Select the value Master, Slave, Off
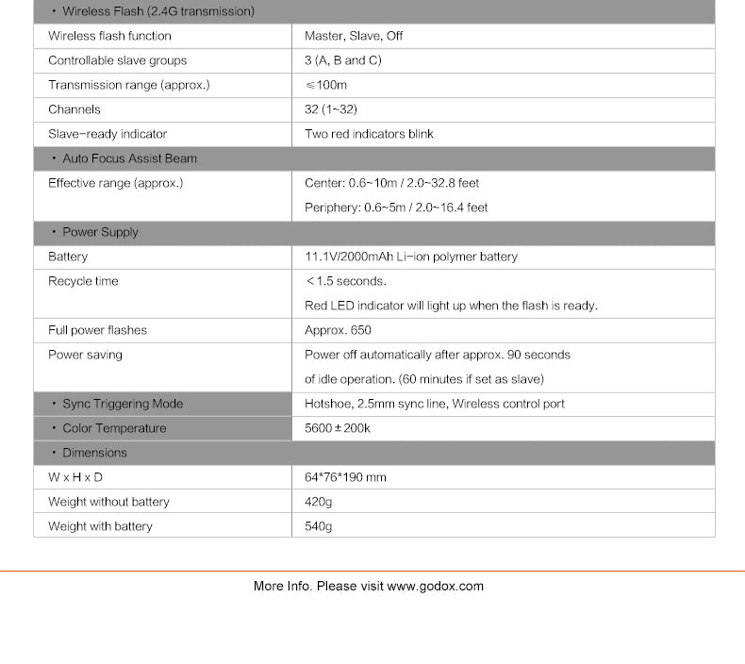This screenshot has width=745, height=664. [354, 36]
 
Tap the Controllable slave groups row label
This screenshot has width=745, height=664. [118, 60]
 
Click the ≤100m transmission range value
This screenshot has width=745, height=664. [326, 85]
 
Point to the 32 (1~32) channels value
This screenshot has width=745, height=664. [331, 109]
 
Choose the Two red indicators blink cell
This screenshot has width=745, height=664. [369, 134]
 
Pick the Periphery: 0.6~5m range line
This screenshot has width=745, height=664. [396, 207]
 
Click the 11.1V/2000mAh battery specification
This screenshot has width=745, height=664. [411, 257]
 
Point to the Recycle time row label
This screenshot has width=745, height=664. [83, 281]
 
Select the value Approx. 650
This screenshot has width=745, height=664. [338, 330]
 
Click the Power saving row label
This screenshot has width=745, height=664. [85, 355]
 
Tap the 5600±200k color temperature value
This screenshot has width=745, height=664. [338, 428]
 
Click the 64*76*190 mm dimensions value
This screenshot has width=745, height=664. [345, 477]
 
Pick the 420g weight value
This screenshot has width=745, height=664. [319, 502]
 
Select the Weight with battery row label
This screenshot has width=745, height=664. [100, 526]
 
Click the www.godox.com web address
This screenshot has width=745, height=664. [435, 586]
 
